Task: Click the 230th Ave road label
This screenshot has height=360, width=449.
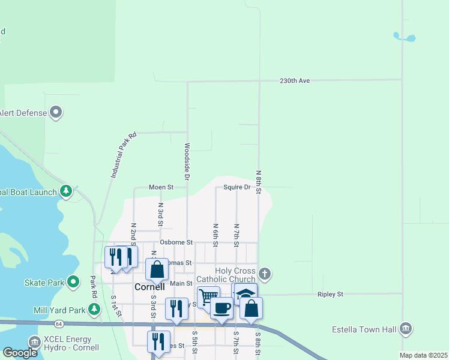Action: [295, 80]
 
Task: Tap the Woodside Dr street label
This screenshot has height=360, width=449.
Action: [187, 162]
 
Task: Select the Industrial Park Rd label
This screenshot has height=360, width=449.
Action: [124, 155]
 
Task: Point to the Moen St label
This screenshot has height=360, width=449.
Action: [161, 187]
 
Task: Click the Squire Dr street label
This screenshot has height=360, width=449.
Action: [237, 187]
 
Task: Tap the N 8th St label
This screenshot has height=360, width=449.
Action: [259, 182]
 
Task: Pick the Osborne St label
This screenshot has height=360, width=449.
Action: [176, 242]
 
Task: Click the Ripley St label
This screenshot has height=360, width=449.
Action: [330, 295]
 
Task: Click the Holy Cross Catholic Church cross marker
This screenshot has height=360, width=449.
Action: [265, 274]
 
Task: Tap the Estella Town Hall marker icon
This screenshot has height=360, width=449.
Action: [406, 329]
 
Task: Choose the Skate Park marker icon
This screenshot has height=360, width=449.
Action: [73, 282]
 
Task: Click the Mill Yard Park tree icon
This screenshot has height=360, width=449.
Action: [94, 310]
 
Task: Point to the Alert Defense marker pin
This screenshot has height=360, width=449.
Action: [56, 112]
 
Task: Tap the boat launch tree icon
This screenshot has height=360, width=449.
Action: [66, 192]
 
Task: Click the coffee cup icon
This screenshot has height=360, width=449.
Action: [221, 308]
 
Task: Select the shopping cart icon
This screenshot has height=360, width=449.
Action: [208, 296]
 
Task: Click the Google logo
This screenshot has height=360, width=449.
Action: [20, 353]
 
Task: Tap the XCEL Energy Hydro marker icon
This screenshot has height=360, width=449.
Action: [34, 342]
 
